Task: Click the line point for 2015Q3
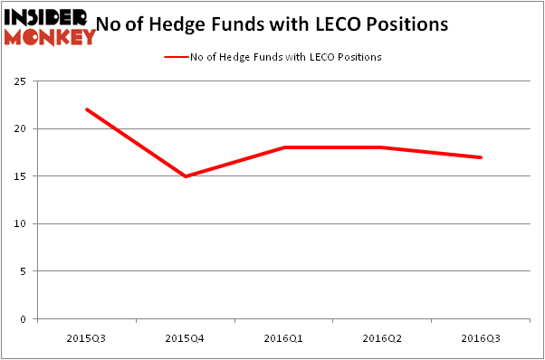(x=86, y=109)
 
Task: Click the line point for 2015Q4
(x=186, y=176)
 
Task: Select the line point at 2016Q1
(x=285, y=147)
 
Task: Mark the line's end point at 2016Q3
(x=482, y=157)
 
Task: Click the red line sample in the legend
(x=176, y=57)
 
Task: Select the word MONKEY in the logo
(x=50, y=37)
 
